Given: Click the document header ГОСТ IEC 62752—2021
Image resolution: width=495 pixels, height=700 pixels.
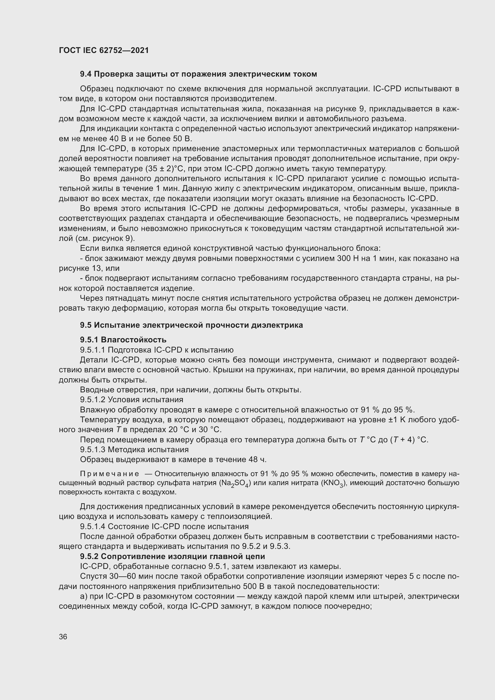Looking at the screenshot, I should click(x=104, y=50).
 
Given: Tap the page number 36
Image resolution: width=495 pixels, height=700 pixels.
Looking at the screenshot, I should click(x=63, y=637).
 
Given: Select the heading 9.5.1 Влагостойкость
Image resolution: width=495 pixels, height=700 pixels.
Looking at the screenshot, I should click(x=123, y=340).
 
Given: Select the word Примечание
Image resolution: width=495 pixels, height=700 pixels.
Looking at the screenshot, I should click(x=110, y=474).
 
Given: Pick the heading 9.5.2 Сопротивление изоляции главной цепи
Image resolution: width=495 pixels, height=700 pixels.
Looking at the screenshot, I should click(x=172, y=556).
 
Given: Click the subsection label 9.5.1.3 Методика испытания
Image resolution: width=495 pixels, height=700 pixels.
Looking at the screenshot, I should click(x=134, y=450).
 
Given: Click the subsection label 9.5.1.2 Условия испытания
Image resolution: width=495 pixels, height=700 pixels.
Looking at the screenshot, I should click(x=131, y=400).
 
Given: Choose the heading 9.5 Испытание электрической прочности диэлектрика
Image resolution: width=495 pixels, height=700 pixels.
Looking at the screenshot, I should click(x=191, y=325).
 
